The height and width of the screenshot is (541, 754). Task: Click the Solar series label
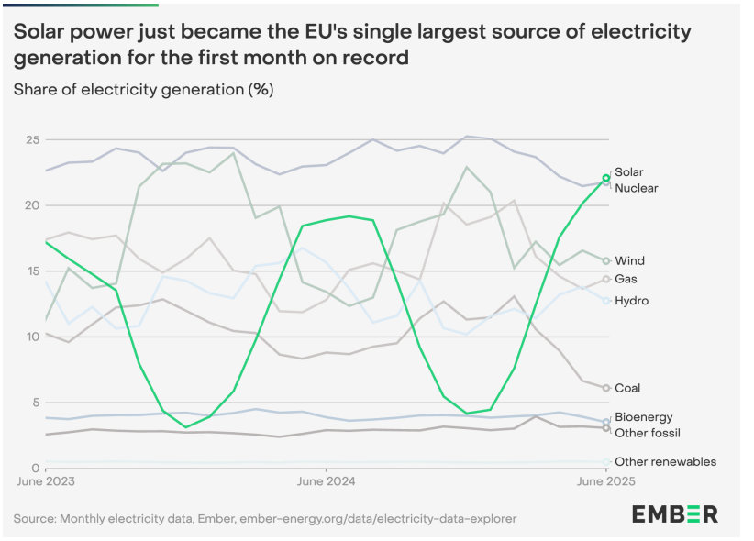628,172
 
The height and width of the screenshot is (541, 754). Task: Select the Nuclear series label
636,188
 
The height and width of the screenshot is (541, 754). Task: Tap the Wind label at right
629,261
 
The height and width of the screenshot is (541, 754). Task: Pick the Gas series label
626,279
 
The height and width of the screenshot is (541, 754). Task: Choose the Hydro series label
631,301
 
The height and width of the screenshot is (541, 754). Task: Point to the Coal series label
627,388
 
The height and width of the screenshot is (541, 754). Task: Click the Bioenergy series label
643,417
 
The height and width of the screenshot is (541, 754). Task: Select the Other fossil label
647,433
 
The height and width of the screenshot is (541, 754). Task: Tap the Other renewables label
665,461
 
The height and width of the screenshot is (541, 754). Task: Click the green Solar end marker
606,178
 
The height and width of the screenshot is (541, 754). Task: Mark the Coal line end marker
606,388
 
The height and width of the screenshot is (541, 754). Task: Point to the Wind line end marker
606,261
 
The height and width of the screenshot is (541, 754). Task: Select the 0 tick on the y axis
34,467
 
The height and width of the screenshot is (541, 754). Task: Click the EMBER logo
674,513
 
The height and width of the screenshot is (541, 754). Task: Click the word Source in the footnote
35,519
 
